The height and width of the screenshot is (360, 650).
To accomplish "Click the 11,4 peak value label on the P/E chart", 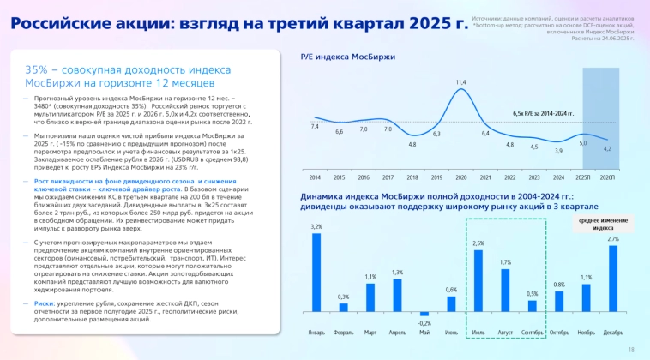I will pos(460,82).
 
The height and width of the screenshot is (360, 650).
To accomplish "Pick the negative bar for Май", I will pos(424,314).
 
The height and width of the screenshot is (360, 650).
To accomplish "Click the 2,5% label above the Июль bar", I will pos(478,243).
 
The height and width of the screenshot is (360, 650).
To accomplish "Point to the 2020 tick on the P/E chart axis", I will pos(460,177).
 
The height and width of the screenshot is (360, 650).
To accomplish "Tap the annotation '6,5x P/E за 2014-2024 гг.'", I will pos(543,113).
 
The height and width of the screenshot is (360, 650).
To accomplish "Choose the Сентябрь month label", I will pos(532,332).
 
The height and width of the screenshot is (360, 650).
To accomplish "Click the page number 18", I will pos(631,349).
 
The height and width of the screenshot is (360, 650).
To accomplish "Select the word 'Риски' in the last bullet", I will pos(45,303).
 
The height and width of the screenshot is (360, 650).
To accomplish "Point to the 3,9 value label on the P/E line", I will pos(558,151).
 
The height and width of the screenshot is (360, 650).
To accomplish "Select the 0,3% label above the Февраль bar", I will pos(343,297).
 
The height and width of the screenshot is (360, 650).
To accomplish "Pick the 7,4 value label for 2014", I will pos(315,127).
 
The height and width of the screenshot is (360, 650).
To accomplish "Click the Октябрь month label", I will pos(559,332).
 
